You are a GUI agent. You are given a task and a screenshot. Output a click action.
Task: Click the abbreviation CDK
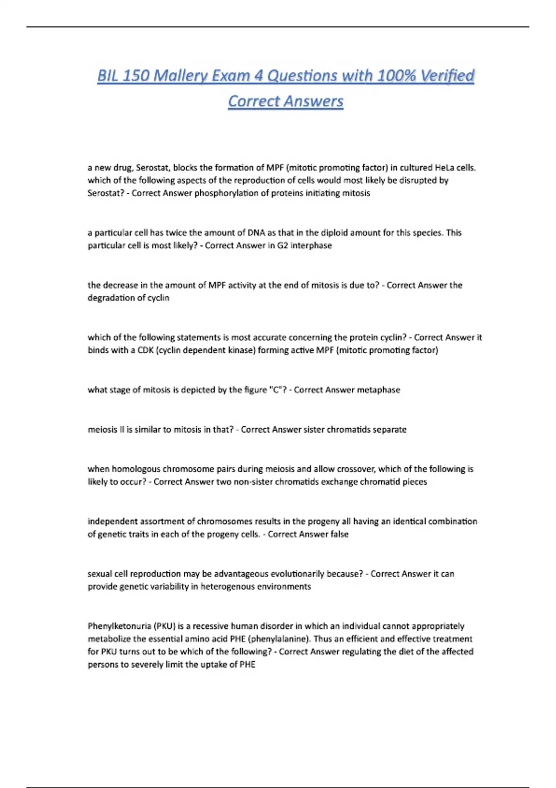coord(146,350)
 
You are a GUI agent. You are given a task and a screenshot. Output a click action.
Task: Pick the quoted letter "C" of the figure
coord(274,390)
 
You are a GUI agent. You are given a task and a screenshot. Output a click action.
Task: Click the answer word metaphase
coord(378,390)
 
